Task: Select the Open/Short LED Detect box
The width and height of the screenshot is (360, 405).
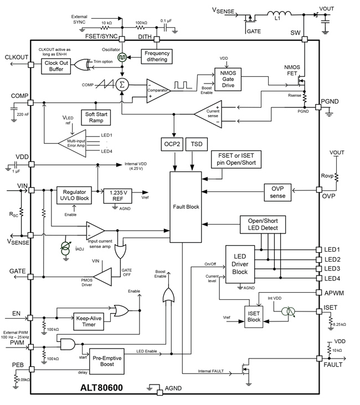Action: [263, 224]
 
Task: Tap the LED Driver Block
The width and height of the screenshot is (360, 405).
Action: [240, 263]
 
